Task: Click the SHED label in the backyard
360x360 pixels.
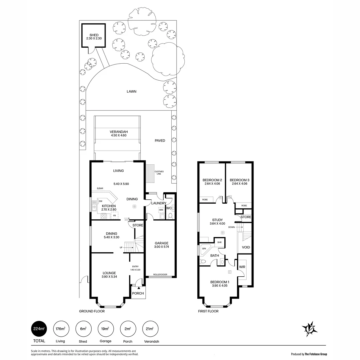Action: (94, 35)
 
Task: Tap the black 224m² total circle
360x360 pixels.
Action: (38, 329)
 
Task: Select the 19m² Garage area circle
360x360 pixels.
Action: (105, 329)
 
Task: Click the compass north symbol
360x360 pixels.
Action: (309, 329)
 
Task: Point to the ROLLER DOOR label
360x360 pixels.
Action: (160, 275)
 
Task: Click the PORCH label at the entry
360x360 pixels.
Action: (138, 293)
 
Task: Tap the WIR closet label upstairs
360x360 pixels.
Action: (242, 267)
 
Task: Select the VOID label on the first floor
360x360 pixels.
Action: (246, 247)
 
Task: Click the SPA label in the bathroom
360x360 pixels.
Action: (204, 248)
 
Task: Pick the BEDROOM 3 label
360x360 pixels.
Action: (240, 180)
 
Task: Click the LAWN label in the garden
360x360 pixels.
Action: (131, 91)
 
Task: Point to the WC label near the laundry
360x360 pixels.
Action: (169, 208)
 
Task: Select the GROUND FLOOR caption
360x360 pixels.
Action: (92, 311)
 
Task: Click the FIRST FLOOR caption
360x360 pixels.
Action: (208, 311)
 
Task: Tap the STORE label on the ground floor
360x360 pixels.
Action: (138, 225)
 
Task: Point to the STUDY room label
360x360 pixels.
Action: (217, 220)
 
